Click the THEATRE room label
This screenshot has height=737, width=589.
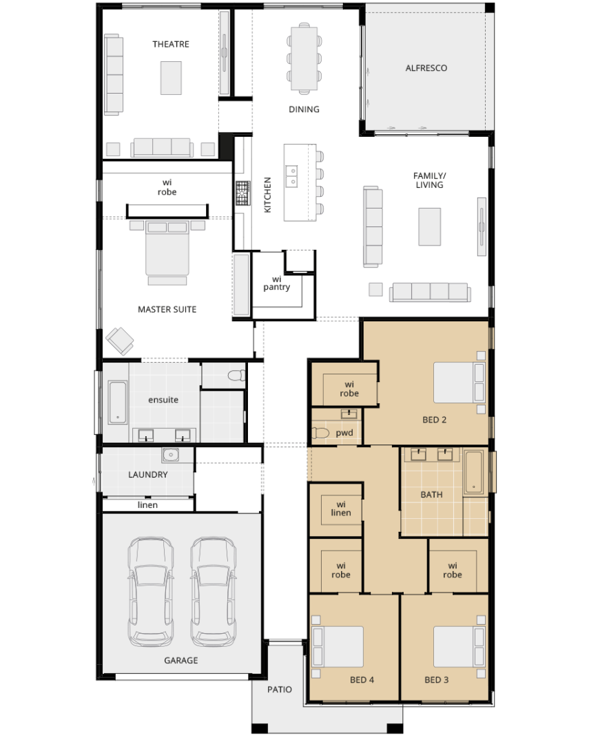tap(171, 44)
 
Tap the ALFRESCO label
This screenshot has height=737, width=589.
tap(426, 68)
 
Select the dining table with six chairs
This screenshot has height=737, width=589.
tap(304, 58)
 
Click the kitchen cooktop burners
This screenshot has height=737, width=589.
tap(242, 193)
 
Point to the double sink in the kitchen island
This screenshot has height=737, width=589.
tap(291, 175)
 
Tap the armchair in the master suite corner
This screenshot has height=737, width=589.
tap(119, 341)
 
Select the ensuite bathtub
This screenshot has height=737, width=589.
tap(118, 402)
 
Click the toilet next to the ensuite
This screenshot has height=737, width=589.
tap(237, 375)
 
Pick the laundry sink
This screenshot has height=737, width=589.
tap(170, 455)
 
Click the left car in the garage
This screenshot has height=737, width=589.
tap(151, 592)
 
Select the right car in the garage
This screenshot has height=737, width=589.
tap(213, 592)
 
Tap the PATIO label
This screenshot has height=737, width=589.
tap(280, 690)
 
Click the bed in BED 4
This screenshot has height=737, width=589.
tap(338, 647)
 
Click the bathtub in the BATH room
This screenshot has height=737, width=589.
tap(473, 472)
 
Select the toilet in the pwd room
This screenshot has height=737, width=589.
tap(320, 432)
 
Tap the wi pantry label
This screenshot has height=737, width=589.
tap(277, 283)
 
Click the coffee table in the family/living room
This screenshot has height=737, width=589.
tap(429, 226)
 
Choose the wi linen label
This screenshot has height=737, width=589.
tap(340, 508)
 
